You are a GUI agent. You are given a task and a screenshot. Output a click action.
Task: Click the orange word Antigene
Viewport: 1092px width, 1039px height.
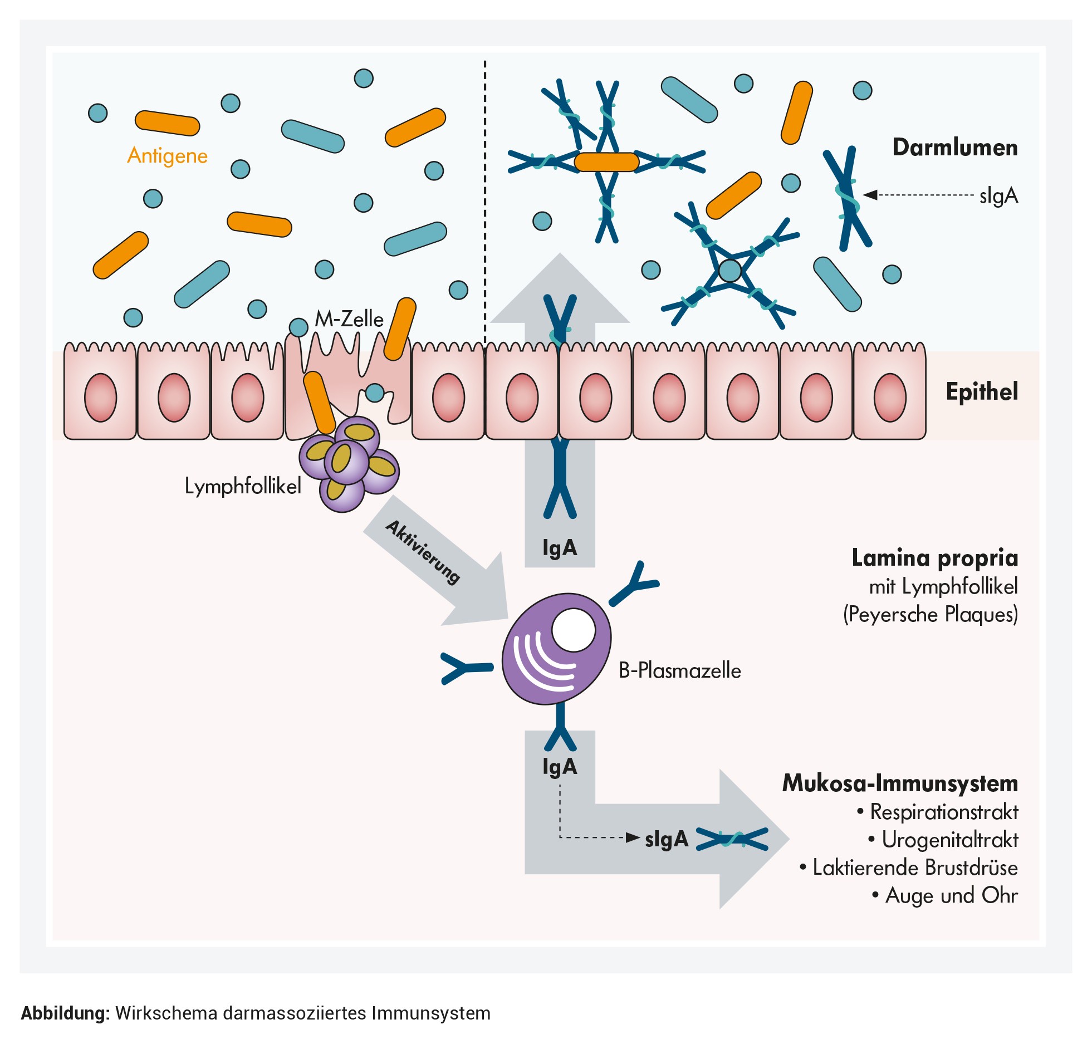167,155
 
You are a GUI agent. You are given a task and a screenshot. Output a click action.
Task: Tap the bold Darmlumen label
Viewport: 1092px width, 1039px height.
954,148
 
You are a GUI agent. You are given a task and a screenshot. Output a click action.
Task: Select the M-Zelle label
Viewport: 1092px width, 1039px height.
349,319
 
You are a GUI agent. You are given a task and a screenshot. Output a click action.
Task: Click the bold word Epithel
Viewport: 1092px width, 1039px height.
982,391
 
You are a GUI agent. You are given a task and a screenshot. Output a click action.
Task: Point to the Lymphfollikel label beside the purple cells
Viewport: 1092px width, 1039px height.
243,486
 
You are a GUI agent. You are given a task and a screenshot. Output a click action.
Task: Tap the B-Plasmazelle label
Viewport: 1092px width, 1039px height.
679,670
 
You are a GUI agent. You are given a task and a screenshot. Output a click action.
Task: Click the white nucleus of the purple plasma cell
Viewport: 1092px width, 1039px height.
574,630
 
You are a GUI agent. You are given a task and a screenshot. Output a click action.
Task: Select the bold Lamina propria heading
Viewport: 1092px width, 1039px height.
934,557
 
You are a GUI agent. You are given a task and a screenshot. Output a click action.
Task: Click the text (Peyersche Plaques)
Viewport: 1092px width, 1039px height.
930,614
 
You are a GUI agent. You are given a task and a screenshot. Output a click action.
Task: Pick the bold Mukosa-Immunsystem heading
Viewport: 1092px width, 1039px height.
900,783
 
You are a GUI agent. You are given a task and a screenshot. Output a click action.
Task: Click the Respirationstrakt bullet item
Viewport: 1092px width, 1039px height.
943,812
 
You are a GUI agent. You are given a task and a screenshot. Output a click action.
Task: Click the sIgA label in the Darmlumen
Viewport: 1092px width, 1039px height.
998,195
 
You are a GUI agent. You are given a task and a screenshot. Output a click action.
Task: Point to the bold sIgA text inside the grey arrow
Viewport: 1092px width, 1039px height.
667,839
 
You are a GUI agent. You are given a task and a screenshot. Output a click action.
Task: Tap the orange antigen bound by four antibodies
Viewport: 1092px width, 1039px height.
606,162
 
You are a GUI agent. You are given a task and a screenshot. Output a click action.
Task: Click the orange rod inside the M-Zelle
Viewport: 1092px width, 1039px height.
319,402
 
